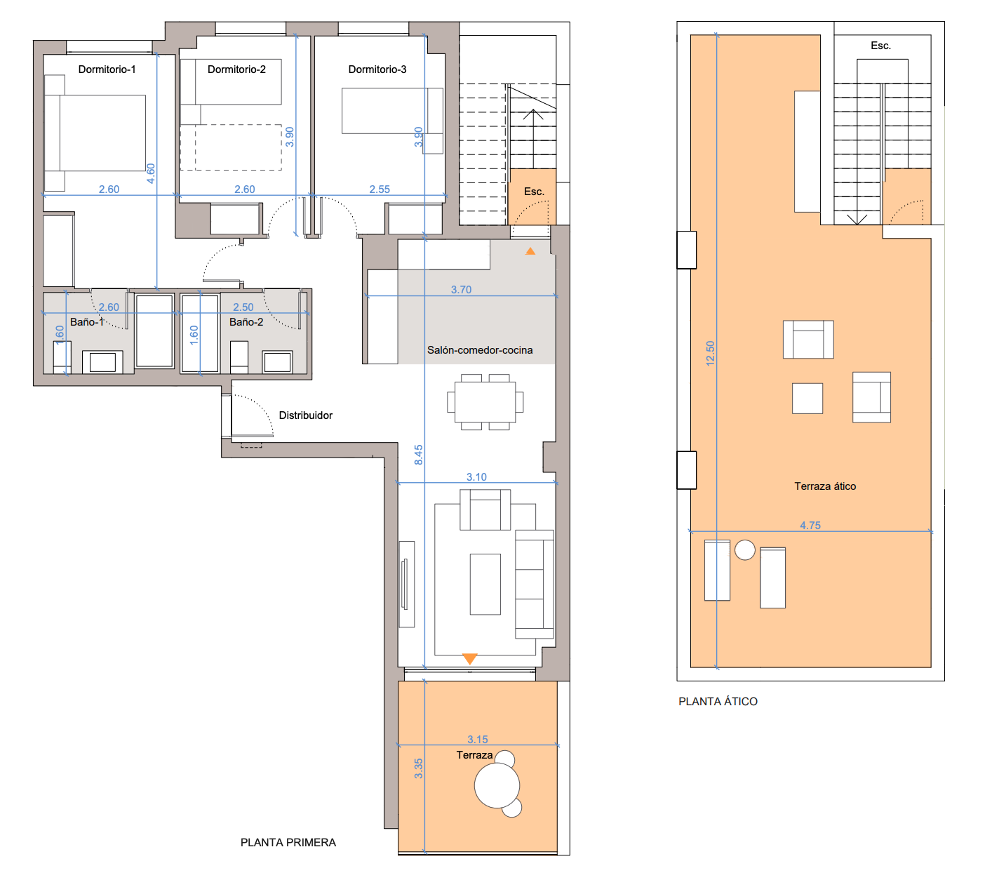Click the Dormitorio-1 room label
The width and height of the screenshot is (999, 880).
(107, 69)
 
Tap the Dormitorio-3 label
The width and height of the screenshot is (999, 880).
(377, 69)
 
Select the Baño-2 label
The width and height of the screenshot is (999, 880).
(246, 322)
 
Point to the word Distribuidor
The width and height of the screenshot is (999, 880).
(305, 415)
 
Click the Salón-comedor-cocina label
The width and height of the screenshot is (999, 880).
(480, 350)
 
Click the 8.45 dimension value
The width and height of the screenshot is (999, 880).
(418, 455)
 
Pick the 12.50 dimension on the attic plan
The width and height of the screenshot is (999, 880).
(710, 353)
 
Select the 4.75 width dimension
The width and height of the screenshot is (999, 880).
(810, 526)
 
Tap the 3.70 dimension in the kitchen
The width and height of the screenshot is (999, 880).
(461, 290)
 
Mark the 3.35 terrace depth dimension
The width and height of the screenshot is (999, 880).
(418, 768)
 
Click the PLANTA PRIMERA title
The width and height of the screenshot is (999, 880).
(288, 843)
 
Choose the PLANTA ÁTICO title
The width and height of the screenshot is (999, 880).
(718, 702)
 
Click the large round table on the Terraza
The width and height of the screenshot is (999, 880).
(497, 785)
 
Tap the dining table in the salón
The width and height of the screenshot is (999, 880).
(485, 402)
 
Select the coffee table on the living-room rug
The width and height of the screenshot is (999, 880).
(485, 584)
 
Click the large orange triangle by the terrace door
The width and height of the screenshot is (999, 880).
(470, 658)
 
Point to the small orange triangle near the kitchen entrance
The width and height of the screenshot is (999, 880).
(530, 251)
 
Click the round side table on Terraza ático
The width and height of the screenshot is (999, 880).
(744, 549)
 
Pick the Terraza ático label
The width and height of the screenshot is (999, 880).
(825, 486)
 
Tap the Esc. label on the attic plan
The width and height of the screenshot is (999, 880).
(880, 46)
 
